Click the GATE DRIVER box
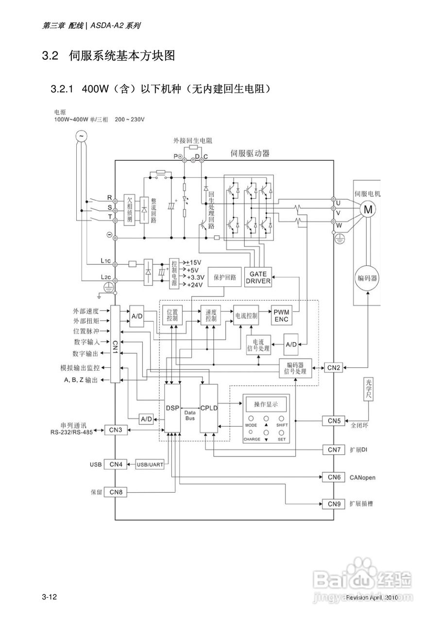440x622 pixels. (x=258, y=277)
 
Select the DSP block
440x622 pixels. (x=172, y=408)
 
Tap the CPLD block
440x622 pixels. (x=209, y=408)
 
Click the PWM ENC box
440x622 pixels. (x=281, y=316)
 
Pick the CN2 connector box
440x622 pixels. (x=334, y=368)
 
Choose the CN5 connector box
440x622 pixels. (x=334, y=420)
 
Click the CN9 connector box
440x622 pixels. (x=334, y=503)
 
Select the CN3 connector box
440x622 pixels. (x=116, y=430)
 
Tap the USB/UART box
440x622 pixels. (x=150, y=465)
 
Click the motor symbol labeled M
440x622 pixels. (x=368, y=209)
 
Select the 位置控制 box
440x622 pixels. (x=172, y=316)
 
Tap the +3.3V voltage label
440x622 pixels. (x=194, y=277)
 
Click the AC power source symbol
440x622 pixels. (x=81, y=136)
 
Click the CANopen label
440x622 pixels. (x=362, y=478)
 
